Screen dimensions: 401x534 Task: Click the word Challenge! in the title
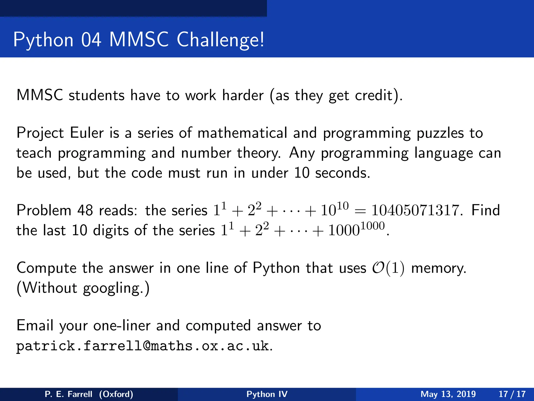(220, 40)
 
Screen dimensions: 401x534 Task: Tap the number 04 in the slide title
(91, 40)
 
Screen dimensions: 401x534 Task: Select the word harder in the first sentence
(243, 95)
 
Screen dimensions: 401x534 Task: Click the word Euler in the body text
(87, 133)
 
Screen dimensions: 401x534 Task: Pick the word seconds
(343, 173)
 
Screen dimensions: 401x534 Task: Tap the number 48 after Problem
(85, 210)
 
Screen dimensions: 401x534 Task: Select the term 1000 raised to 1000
(356, 229)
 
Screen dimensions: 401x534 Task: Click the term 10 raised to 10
(334, 209)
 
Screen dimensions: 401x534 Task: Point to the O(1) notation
(388, 268)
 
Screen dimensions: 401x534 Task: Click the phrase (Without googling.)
(83, 288)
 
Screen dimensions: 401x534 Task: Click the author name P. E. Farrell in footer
(68, 394)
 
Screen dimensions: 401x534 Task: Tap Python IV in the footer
(267, 394)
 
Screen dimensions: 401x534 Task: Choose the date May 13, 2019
(448, 394)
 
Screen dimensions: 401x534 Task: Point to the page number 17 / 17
(512, 394)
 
